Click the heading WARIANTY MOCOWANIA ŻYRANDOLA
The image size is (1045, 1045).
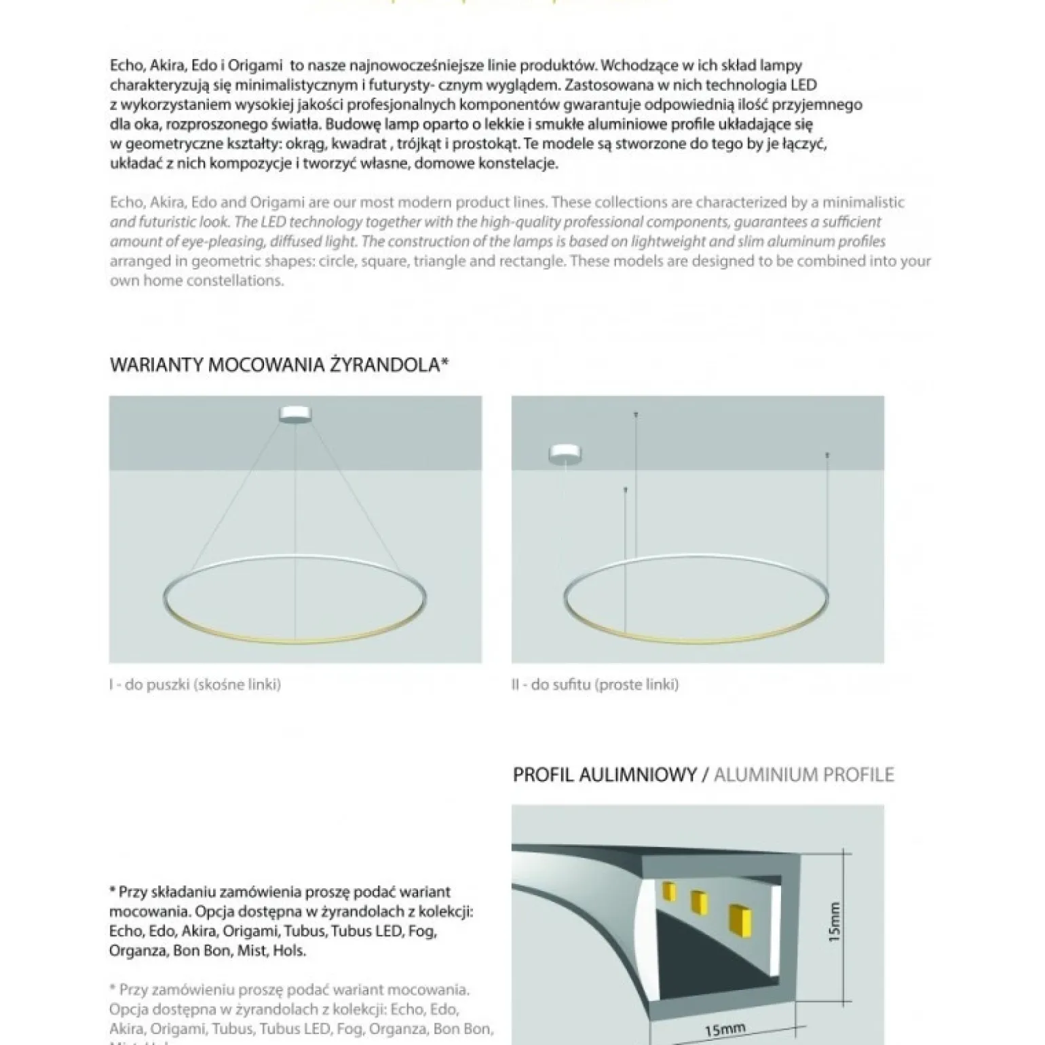(279, 365)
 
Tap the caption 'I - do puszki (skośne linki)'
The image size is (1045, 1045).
(195, 685)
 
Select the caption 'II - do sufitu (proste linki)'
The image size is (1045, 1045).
(594, 685)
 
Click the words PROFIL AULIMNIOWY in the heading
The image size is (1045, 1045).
(605, 775)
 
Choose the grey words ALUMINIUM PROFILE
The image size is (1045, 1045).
(803, 775)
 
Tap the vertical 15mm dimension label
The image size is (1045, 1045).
(835, 921)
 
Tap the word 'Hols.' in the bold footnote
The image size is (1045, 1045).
(289, 951)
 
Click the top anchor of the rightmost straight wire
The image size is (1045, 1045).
(826, 454)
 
